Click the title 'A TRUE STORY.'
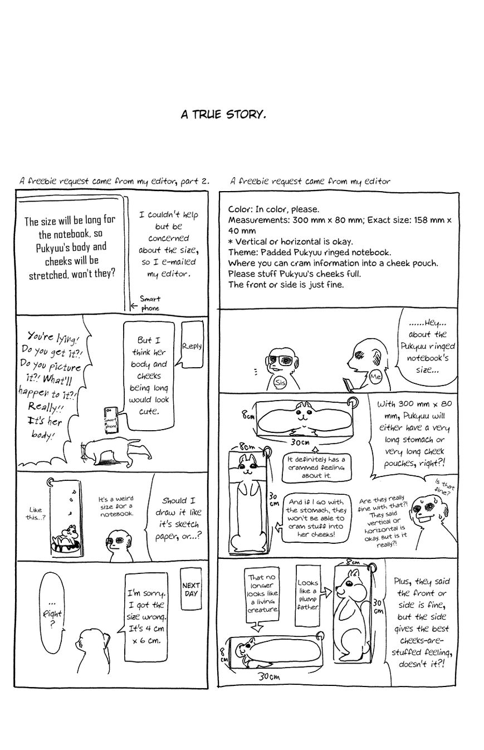tap(223, 115)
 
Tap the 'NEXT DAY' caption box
tap(191, 590)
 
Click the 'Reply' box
tap(192, 345)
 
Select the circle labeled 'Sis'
tap(280, 383)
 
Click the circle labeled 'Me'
tap(375, 377)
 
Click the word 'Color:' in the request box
tap(241, 210)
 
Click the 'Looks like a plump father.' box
tap(307, 595)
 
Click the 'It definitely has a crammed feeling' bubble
tap(316, 467)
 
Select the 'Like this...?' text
tap(34, 513)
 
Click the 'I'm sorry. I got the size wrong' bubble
tap(146, 616)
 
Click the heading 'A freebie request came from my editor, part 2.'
tap(114, 181)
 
